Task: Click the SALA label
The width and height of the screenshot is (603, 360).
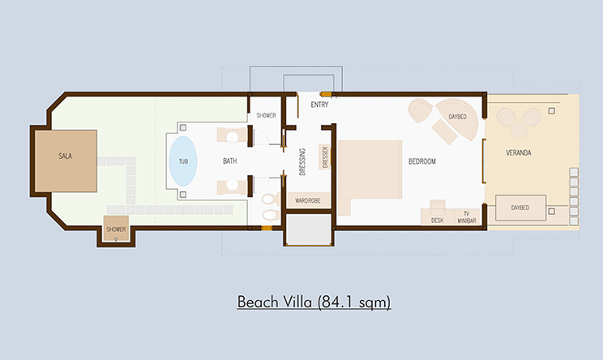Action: [x=65, y=156]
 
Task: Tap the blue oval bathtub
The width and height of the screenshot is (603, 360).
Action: [x=183, y=161]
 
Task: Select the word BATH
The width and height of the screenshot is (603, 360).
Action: [x=229, y=161]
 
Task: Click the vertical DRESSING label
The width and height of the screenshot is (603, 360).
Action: [x=302, y=161]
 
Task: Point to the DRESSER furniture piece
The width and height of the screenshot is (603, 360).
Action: [x=324, y=157]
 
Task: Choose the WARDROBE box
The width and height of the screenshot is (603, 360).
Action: [x=308, y=200]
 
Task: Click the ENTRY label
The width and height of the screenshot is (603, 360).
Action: [x=319, y=105]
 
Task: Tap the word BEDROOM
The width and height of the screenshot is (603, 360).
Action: [x=422, y=161]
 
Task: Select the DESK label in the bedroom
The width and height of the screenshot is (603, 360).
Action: [x=437, y=221]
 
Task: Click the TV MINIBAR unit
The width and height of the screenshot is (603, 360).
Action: [x=467, y=217]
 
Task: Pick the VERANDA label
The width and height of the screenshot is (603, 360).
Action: [x=519, y=152]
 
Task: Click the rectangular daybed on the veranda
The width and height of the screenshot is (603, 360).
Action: [x=520, y=208]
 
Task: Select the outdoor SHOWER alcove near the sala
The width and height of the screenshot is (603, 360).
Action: [x=116, y=229]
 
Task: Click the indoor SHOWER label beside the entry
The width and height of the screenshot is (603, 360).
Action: [x=266, y=115]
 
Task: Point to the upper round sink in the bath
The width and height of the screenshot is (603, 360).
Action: [x=232, y=137]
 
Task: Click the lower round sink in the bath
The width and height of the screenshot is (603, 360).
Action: [x=232, y=185]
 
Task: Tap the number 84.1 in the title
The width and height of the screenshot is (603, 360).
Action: [x=336, y=302]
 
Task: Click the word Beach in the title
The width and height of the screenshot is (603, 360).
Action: [x=258, y=302]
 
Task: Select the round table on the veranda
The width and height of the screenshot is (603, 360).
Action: [x=519, y=130]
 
